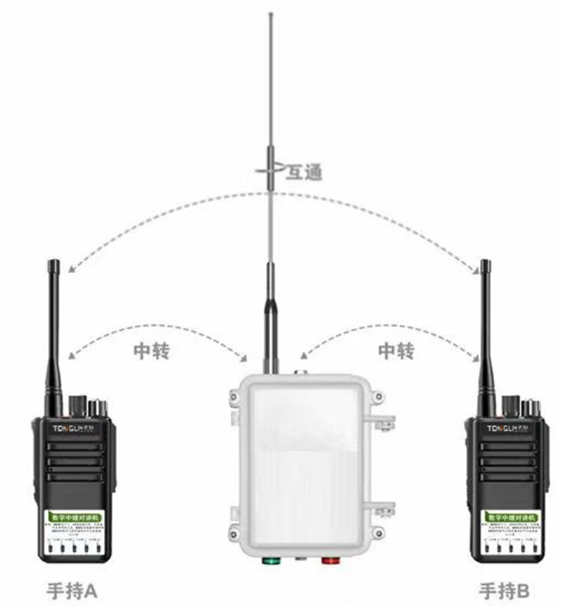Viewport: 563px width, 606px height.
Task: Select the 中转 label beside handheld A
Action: pos(151,350)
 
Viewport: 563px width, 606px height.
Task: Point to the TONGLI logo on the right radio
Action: pos(508,428)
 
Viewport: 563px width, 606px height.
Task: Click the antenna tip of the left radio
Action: pos(54,265)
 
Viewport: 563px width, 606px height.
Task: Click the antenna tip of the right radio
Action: pos(485,265)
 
